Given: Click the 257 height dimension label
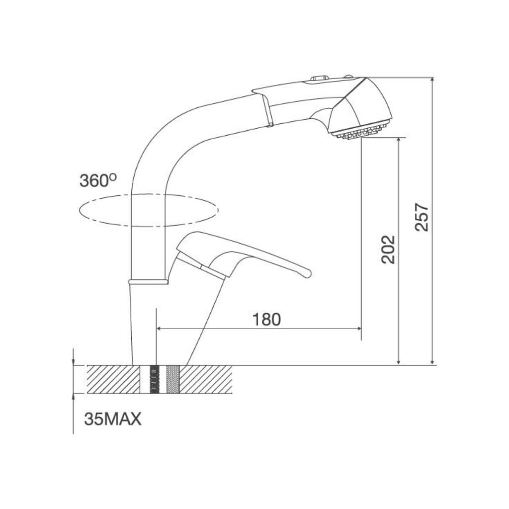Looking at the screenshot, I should (422, 217).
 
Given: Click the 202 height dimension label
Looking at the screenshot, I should (388, 249).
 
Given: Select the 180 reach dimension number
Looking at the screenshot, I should (266, 319).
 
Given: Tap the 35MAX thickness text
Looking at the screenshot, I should (113, 419).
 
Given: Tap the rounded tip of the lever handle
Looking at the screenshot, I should (307, 273).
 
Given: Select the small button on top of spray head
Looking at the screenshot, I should (318, 78).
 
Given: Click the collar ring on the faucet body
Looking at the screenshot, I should (148, 282).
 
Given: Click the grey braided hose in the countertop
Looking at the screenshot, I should (172, 379).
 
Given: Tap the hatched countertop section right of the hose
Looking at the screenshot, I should (205, 379).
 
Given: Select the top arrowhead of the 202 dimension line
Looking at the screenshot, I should (398, 141).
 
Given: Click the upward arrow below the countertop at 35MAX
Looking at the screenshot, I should (73, 397).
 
